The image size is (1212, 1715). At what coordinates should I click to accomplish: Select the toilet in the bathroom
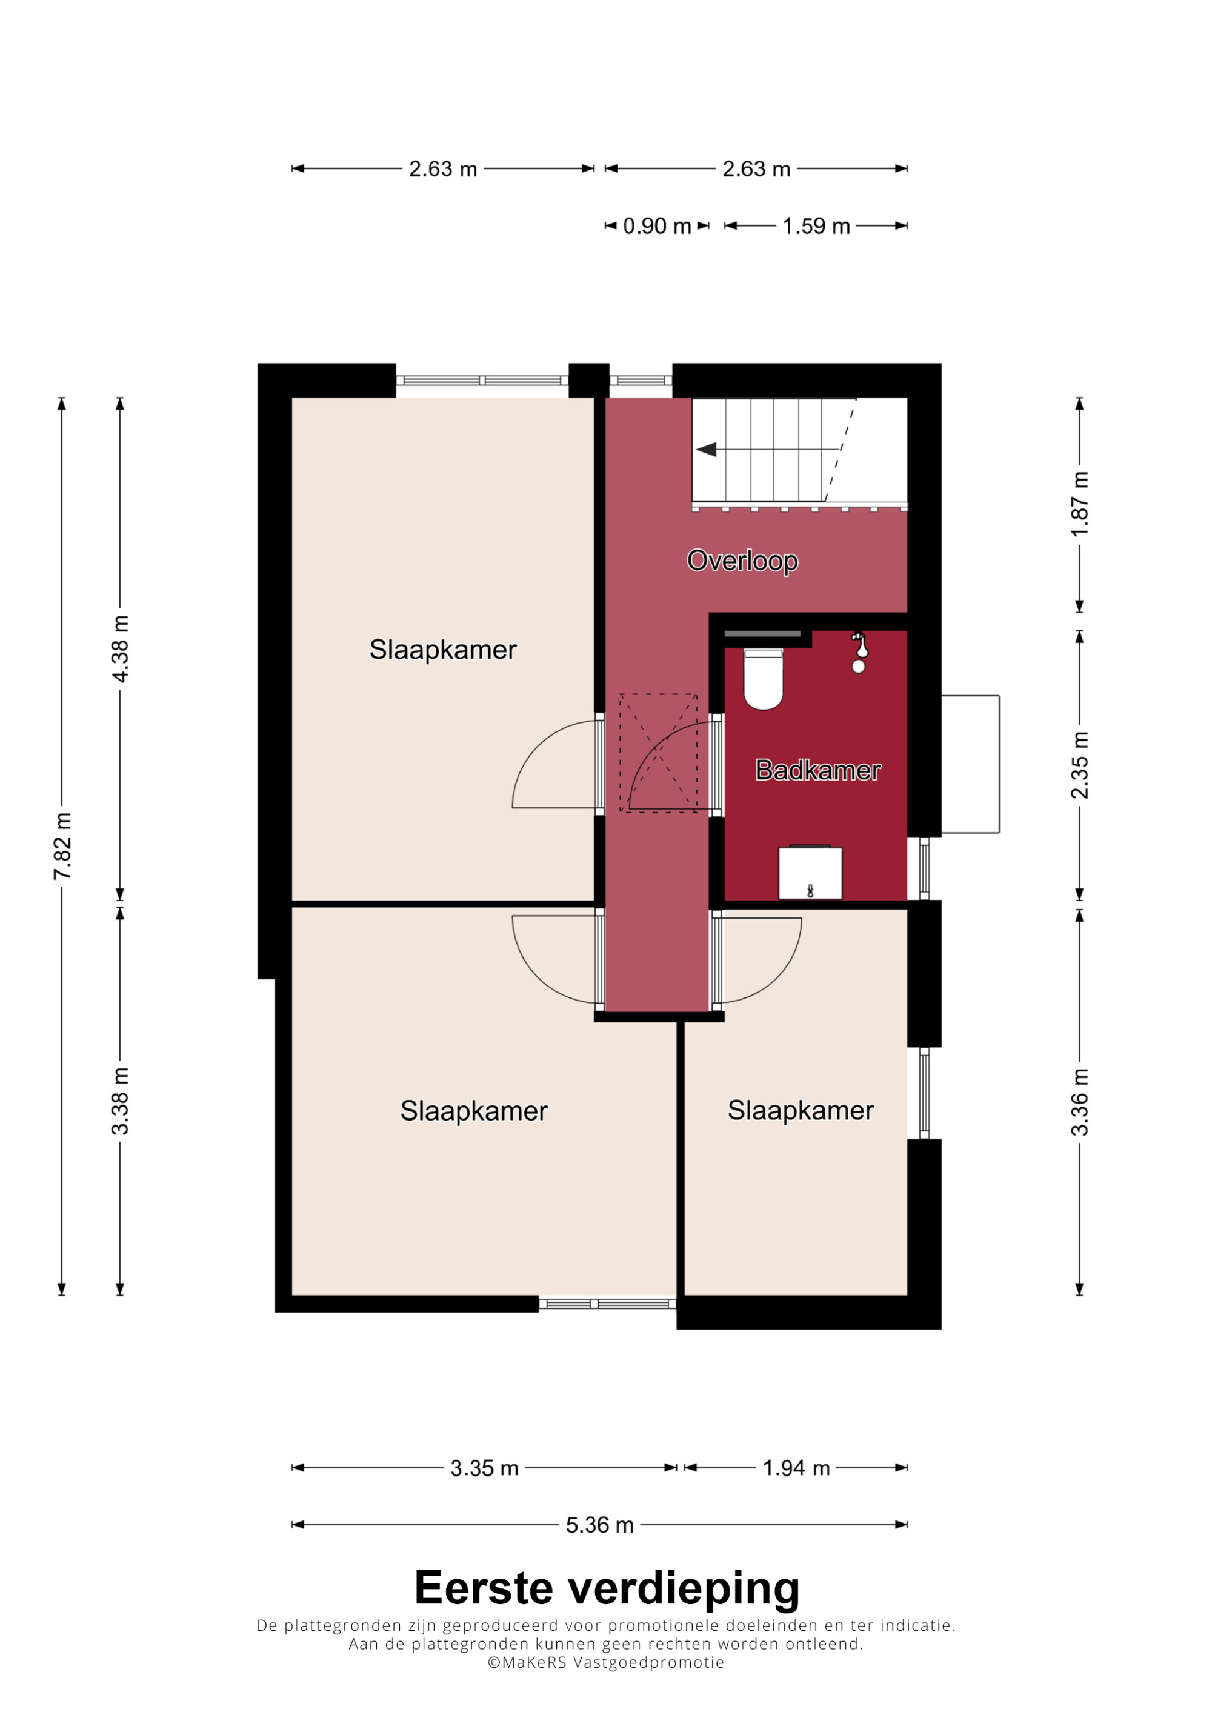(x=762, y=678)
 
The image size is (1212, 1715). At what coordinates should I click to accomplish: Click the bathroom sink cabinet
(x=810, y=873)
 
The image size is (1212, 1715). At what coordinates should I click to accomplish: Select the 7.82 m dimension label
(x=63, y=845)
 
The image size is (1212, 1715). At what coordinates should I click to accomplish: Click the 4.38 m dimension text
(x=120, y=648)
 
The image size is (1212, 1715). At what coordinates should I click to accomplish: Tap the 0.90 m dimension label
(x=656, y=225)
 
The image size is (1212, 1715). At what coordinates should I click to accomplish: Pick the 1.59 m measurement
(x=816, y=225)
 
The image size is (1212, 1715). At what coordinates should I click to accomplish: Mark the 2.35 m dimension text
(x=1080, y=765)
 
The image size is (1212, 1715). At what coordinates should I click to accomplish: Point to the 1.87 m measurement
(x=1080, y=504)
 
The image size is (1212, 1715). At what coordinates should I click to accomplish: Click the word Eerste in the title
(x=485, y=1587)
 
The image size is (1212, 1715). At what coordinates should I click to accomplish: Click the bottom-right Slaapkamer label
(x=801, y=1110)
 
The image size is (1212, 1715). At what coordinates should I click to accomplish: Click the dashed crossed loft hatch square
(x=658, y=752)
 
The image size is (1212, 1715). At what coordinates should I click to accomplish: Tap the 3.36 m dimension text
(x=1080, y=1102)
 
